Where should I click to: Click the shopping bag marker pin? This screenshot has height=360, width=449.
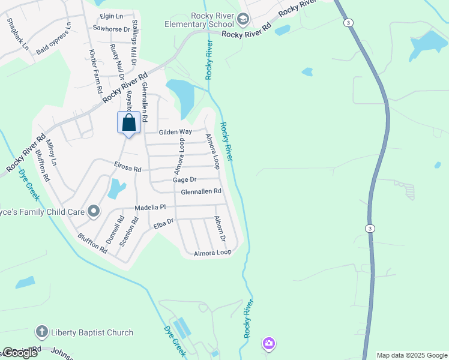tap(128, 123)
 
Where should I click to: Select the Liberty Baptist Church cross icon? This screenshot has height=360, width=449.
tap(41, 331)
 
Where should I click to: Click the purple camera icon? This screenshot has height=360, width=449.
tap(269, 343)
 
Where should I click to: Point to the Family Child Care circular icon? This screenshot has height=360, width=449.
tap(93, 211)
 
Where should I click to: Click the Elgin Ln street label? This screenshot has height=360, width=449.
tap(111, 16)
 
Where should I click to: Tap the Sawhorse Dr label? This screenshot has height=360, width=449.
tap(112, 29)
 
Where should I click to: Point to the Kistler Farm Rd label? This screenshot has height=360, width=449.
tap(94, 71)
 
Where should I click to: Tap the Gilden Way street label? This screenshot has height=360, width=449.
tap(175, 132)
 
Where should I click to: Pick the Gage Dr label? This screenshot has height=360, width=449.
tap(184, 179)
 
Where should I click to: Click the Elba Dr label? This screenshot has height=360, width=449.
tap(163, 224)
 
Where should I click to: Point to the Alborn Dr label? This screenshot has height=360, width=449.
tap(220, 229)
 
